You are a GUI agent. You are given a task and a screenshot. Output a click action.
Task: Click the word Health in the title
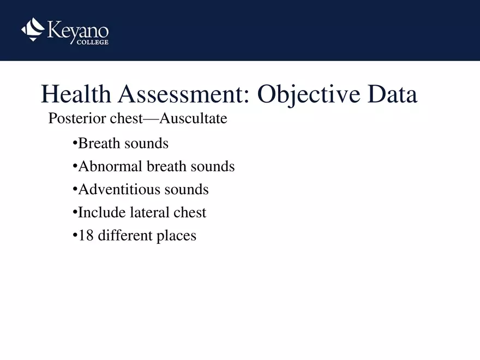click(76, 95)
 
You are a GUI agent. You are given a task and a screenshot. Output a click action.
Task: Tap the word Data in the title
click(392, 95)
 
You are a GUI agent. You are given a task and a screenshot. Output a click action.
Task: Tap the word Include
click(102, 212)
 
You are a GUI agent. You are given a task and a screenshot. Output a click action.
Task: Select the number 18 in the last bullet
click(85, 236)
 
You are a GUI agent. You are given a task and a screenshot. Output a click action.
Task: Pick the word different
click(123, 236)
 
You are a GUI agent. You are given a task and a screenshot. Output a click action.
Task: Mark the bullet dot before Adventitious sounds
click(75, 190)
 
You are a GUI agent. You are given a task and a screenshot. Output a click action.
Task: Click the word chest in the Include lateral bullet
click(190, 212)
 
